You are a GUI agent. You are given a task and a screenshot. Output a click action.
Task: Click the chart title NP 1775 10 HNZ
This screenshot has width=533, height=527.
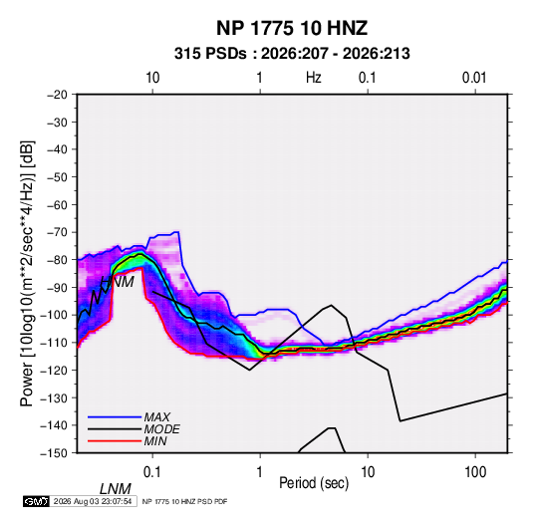[292, 28]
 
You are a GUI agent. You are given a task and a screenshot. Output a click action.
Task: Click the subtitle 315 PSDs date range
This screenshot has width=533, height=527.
[292, 54]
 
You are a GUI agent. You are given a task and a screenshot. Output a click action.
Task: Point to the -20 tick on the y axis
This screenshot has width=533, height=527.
[58, 95]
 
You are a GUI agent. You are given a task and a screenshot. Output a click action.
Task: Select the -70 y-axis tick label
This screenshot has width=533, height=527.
[58, 232]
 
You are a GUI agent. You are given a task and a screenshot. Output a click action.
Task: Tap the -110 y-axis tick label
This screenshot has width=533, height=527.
[55, 343]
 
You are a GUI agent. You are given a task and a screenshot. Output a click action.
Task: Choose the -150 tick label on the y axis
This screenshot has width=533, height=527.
[55, 453]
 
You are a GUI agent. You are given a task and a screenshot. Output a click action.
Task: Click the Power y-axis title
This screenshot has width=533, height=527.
[27, 273]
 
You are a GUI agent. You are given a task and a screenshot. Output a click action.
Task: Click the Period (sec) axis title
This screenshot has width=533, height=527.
[314, 483]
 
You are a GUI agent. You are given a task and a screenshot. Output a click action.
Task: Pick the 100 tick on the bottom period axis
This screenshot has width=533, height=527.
[475, 472]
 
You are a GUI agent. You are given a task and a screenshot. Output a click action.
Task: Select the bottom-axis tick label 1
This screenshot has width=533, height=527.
[260, 472]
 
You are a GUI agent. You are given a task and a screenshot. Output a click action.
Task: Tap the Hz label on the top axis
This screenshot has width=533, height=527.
[314, 78]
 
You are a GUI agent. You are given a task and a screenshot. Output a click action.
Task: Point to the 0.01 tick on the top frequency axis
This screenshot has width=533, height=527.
[474, 78]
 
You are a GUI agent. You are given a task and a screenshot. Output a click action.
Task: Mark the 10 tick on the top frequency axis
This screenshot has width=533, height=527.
[152, 78]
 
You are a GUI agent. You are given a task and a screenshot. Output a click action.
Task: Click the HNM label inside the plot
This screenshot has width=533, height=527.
[118, 282]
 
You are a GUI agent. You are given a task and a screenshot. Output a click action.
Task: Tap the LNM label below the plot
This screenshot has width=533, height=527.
[115, 489]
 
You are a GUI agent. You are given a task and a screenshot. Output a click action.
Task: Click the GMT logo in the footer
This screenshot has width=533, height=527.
[36, 501]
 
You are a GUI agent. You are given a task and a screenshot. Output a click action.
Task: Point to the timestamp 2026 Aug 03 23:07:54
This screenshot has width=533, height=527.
[93, 501]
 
